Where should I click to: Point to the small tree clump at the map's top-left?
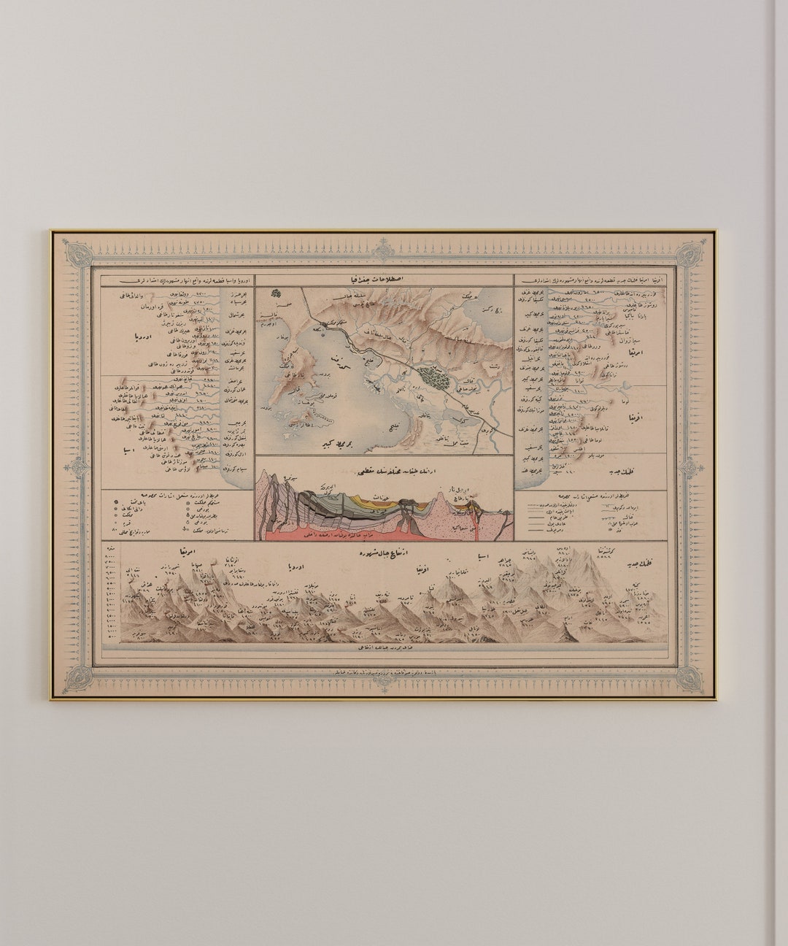pyautogui.click(x=275, y=293)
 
